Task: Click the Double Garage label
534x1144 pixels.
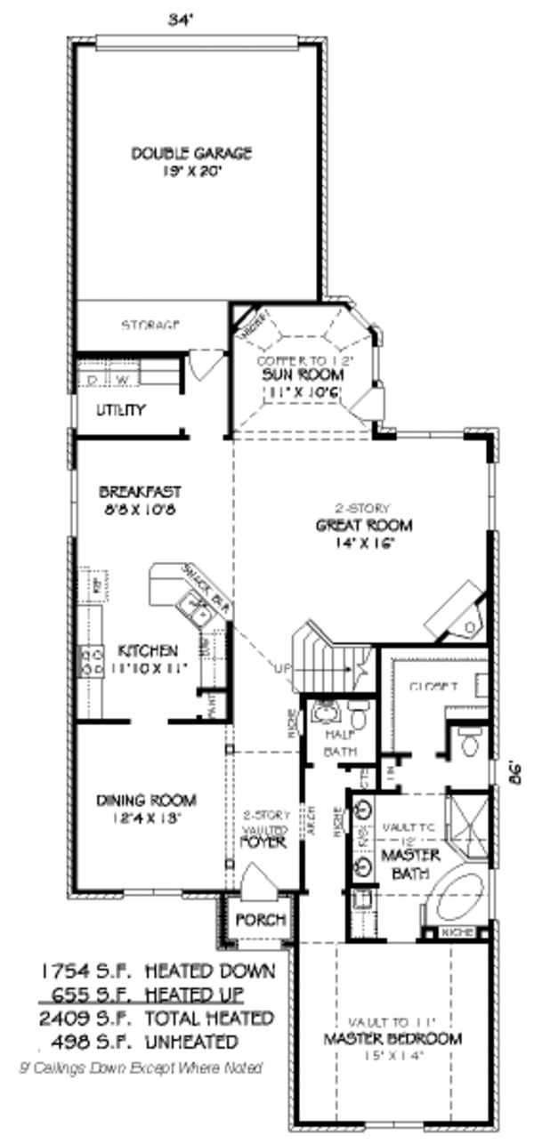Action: pos(191,153)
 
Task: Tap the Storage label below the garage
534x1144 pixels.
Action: pos(150,326)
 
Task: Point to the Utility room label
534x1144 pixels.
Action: pos(121,410)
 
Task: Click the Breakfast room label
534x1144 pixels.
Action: pos(140,491)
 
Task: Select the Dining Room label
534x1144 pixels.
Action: pos(146,800)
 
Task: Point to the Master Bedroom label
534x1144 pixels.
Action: pos(393,1038)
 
